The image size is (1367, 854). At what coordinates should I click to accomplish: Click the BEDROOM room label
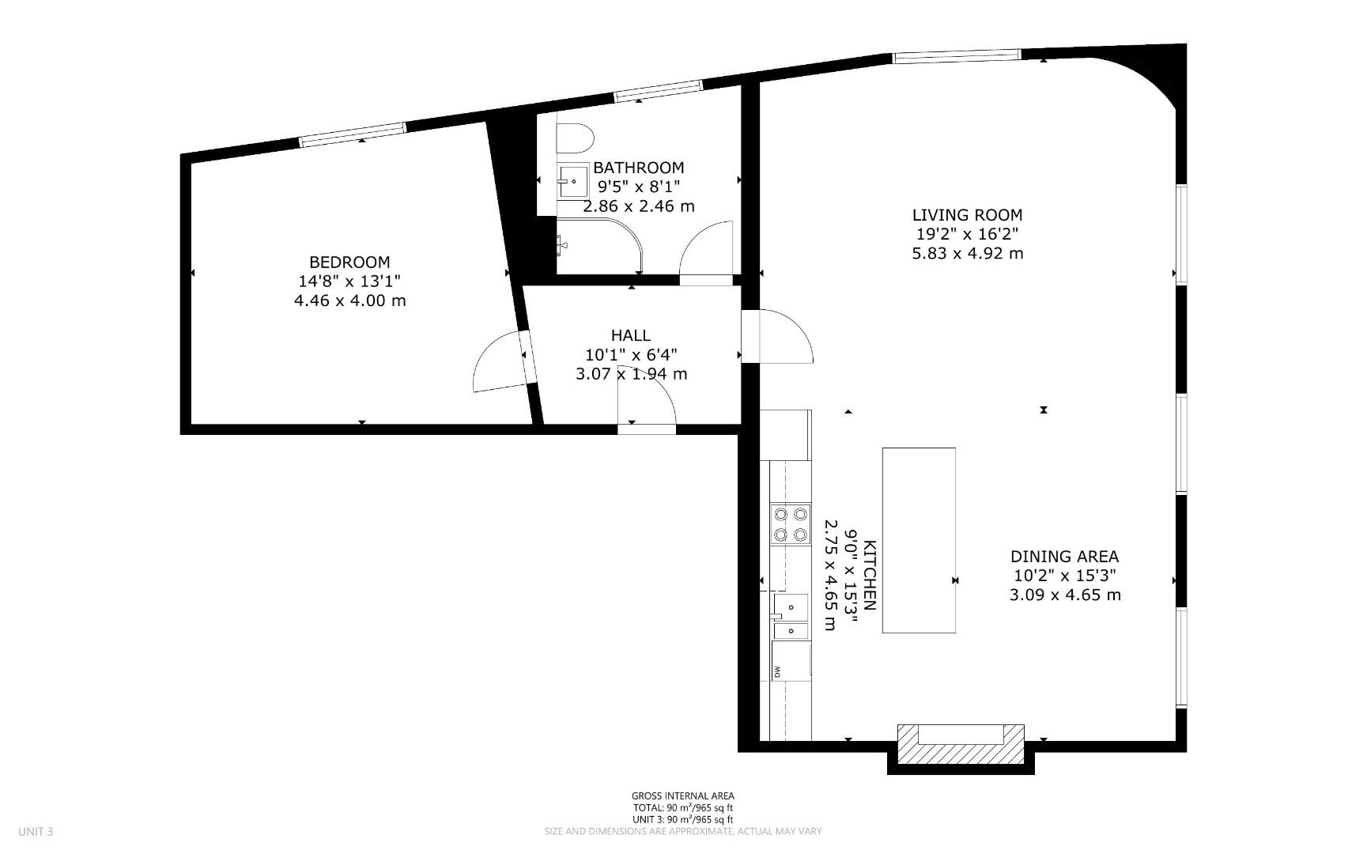[349, 262]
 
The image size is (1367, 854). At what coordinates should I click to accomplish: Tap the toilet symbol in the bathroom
[575, 138]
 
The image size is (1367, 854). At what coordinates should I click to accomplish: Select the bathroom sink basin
[573, 180]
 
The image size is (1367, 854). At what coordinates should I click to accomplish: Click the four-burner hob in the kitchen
[791, 523]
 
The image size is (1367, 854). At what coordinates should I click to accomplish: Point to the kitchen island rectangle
[919, 540]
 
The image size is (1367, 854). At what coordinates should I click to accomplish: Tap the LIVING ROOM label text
[967, 214]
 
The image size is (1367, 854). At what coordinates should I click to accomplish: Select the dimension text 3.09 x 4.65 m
[1065, 595]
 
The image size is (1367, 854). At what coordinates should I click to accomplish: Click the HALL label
[630, 335]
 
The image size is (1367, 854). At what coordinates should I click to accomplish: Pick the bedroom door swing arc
[496, 362]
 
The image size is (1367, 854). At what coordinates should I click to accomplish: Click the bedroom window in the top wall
[353, 134]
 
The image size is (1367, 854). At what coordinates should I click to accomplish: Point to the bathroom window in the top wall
[658, 91]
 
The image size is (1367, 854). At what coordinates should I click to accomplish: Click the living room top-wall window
[956, 56]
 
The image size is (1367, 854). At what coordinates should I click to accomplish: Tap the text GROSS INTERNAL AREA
[682, 795]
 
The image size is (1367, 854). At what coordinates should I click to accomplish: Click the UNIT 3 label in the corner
[36, 831]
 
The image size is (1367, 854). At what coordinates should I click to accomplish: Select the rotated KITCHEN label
[869, 575]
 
